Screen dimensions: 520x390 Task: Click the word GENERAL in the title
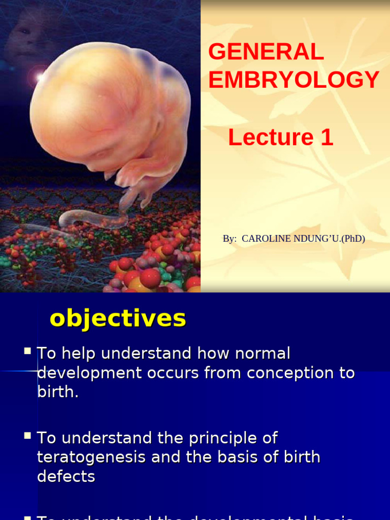266,52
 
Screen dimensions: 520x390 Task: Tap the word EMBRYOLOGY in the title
294,80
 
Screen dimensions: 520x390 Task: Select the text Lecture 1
280,138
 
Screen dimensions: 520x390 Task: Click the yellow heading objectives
118,318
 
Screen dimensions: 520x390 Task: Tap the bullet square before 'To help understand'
28,351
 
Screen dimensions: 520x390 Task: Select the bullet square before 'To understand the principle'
28,436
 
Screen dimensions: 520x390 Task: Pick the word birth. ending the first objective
58,392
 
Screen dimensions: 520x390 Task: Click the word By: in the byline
230,239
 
